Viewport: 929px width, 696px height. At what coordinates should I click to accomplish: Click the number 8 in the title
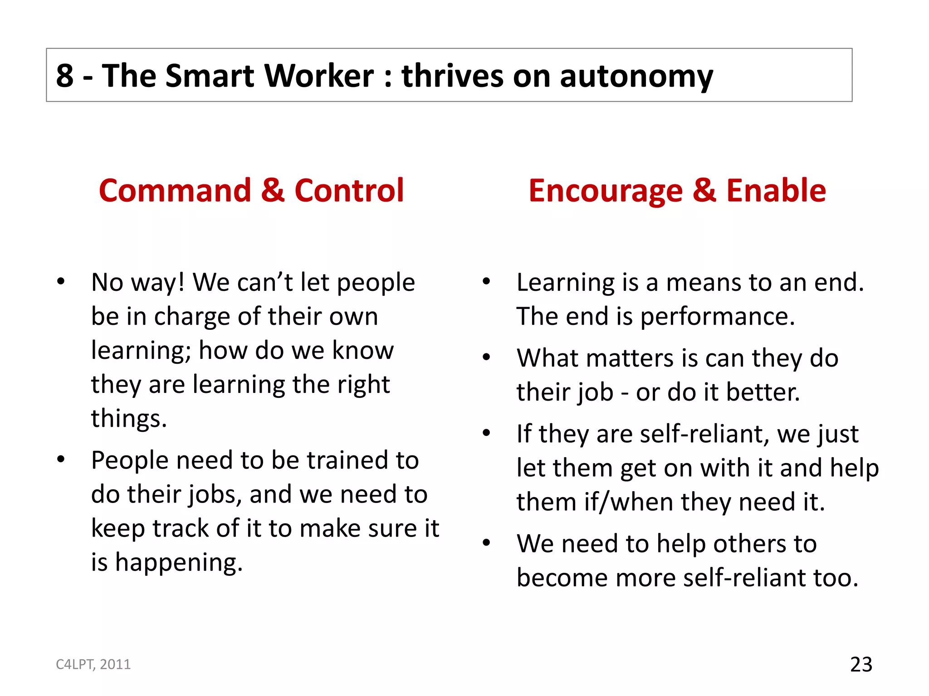tap(65, 76)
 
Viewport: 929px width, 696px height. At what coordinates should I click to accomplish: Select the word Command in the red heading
tap(175, 190)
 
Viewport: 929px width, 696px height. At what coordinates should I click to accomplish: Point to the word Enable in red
tap(776, 190)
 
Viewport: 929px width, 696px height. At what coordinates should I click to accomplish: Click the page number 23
tap(861, 665)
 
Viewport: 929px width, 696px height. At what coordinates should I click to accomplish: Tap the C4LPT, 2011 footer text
tap(93, 664)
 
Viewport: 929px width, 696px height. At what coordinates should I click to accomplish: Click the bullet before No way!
tap(61, 282)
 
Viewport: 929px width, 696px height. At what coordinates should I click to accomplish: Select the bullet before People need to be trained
tap(61, 460)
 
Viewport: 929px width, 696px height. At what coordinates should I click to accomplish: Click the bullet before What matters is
tap(486, 358)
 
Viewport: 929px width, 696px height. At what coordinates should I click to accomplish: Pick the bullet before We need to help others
tap(486, 543)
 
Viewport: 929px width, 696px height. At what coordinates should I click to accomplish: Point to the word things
tap(128, 418)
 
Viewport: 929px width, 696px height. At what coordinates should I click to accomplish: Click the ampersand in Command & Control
tap(273, 190)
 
